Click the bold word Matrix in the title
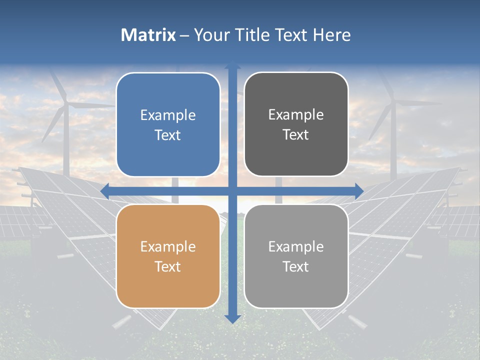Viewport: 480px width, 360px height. pos(148,35)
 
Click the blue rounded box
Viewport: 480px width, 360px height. pos(168,124)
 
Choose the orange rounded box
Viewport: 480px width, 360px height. pos(168,256)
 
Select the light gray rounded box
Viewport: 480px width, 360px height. pos(296,256)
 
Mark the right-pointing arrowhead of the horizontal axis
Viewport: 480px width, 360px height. pos(358,191)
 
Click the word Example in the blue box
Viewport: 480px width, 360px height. pos(168,115)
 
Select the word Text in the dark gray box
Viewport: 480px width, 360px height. pos(296,134)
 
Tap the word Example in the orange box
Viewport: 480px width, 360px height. pos(168,247)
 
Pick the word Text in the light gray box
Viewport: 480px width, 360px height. pos(296,266)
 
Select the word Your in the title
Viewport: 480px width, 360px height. pos(210,35)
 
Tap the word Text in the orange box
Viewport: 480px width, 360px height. pos(168,266)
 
